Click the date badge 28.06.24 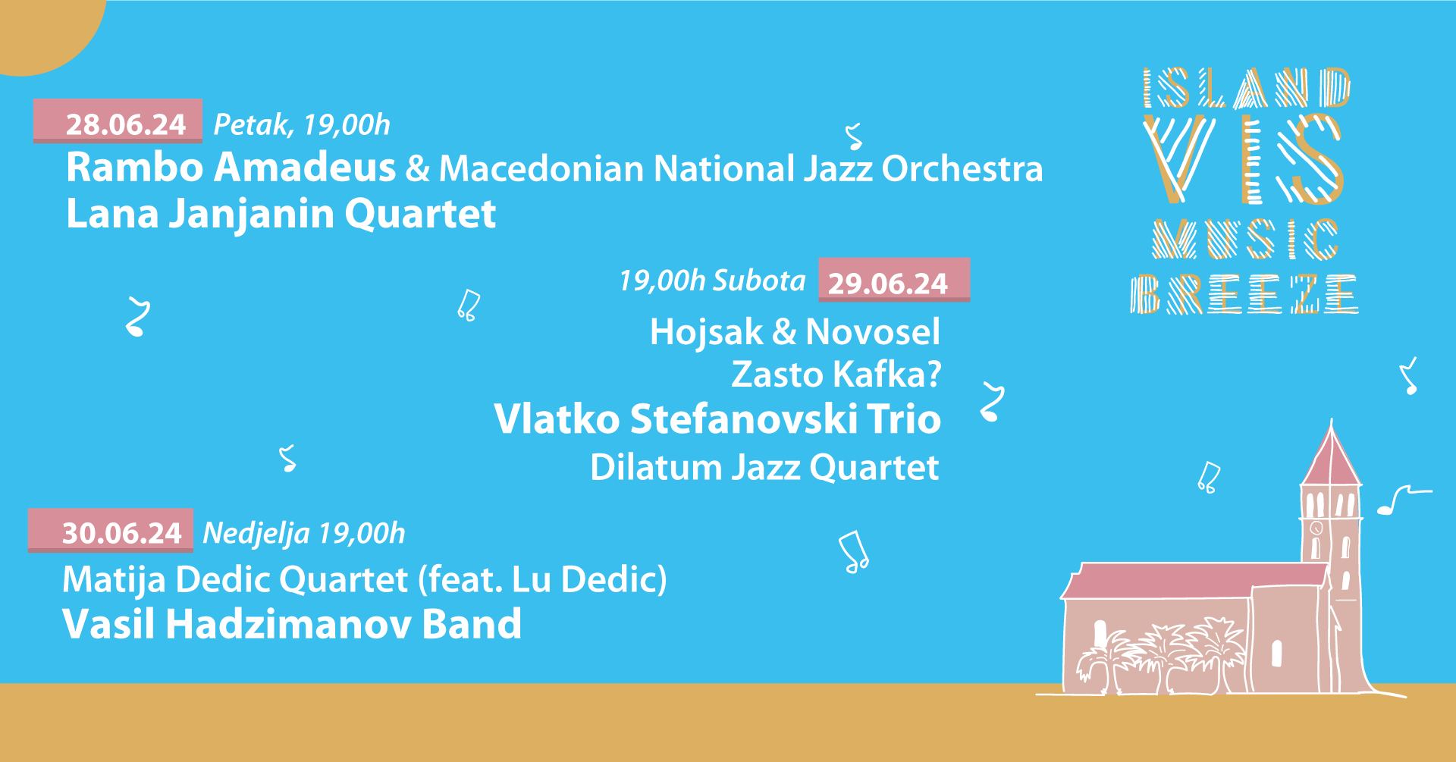[x=118, y=121]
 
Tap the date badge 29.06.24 [x=894, y=281]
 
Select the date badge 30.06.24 [x=111, y=531]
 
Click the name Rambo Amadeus [x=231, y=168]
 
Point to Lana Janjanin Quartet [x=281, y=215]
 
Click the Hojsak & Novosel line [x=795, y=331]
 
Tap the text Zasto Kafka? [x=836, y=375]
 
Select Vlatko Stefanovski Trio [x=717, y=419]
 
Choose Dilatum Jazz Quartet [x=764, y=467]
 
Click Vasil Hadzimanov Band [x=292, y=624]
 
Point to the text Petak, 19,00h [x=302, y=124]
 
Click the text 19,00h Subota [x=712, y=281]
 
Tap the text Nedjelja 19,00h [x=304, y=534]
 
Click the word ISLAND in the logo [x=1247, y=88]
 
